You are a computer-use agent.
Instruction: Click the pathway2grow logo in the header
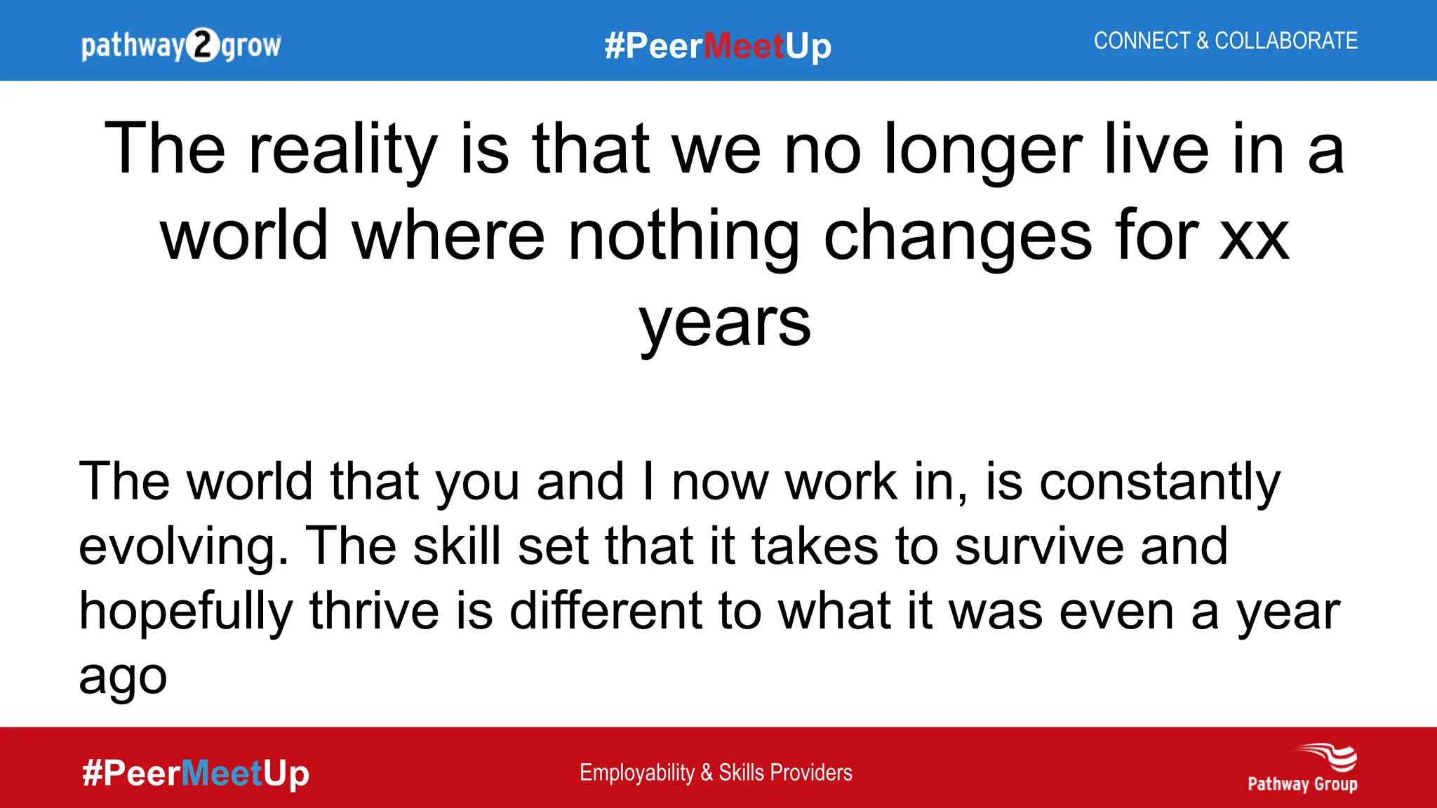point(181,46)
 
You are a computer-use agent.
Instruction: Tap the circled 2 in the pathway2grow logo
point(203,46)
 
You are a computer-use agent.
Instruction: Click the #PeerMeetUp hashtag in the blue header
point(718,46)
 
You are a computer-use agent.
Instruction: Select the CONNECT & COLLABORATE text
point(1225,41)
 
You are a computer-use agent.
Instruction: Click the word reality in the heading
point(343,149)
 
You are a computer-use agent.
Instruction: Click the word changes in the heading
point(958,236)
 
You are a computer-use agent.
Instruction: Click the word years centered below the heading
point(725,323)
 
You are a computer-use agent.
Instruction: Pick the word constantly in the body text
point(1159,482)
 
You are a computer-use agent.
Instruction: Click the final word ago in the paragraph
point(123,678)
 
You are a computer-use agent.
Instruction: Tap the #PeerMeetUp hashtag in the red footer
point(195,773)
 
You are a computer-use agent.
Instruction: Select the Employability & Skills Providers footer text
point(716,772)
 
